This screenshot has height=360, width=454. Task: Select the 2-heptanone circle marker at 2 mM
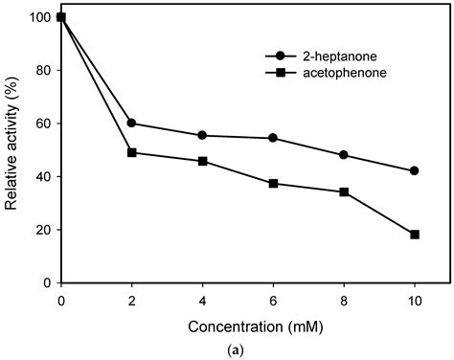click(x=131, y=124)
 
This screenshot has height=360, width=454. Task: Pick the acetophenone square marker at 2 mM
click(x=131, y=152)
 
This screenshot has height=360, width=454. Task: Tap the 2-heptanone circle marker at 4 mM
click(x=202, y=135)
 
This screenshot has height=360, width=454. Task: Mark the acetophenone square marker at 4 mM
click(x=202, y=161)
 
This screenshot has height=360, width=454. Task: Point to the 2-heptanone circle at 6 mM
click(x=273, y=138)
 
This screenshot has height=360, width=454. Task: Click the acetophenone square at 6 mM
click(x=273, y=183)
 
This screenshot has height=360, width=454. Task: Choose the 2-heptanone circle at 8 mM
click(x=344, y=155)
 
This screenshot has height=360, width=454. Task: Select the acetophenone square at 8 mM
click(x=344, y=191)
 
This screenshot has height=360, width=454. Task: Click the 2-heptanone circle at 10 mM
click(x=415, y=170)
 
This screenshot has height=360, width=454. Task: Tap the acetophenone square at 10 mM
click(x=415, y=235)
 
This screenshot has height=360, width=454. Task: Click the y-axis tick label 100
click(x=40, y=17)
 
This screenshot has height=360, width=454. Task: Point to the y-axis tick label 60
click(x=43, y=124)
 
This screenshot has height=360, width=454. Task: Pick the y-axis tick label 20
click(x=43, y=230)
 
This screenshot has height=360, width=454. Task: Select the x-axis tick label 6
click(x=273, y=299)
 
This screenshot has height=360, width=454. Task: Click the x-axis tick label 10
click(x=415, y=299)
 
